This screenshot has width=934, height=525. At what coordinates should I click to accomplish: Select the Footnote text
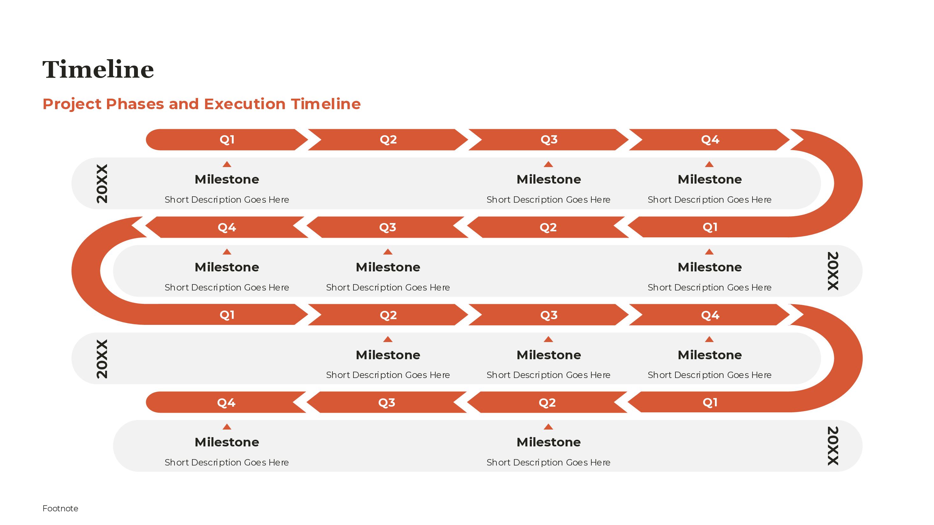coord(60,508)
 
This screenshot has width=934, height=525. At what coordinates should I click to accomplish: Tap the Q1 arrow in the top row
coord(227,139)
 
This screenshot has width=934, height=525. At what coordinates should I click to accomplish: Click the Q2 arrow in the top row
coord(388,139)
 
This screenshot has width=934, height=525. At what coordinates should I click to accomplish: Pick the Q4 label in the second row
coord(227,227)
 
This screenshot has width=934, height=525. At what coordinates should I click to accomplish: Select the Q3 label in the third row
coord(549,315)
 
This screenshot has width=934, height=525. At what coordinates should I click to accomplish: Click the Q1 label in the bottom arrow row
coord(709,402)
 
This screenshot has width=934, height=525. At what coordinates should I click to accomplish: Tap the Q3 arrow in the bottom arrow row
coord(387,402)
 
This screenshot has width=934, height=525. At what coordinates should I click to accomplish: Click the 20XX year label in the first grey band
coord(102,183)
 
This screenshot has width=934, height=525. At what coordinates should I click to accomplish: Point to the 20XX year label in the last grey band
coord(832,446)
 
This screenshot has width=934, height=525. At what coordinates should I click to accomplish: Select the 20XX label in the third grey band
coord(102,359)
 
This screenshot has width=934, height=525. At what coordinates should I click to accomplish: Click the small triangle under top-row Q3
coord(548,164)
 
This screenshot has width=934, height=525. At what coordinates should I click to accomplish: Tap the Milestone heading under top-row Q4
coord(709,179)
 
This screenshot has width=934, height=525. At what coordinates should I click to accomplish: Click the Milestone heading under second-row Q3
coord(388,267)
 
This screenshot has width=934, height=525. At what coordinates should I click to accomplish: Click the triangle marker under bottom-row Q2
coord(548,427)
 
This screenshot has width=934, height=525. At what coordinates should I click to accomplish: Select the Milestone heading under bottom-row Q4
coord(227,442)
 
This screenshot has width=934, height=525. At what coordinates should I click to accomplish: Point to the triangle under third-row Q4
coord(709,339)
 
